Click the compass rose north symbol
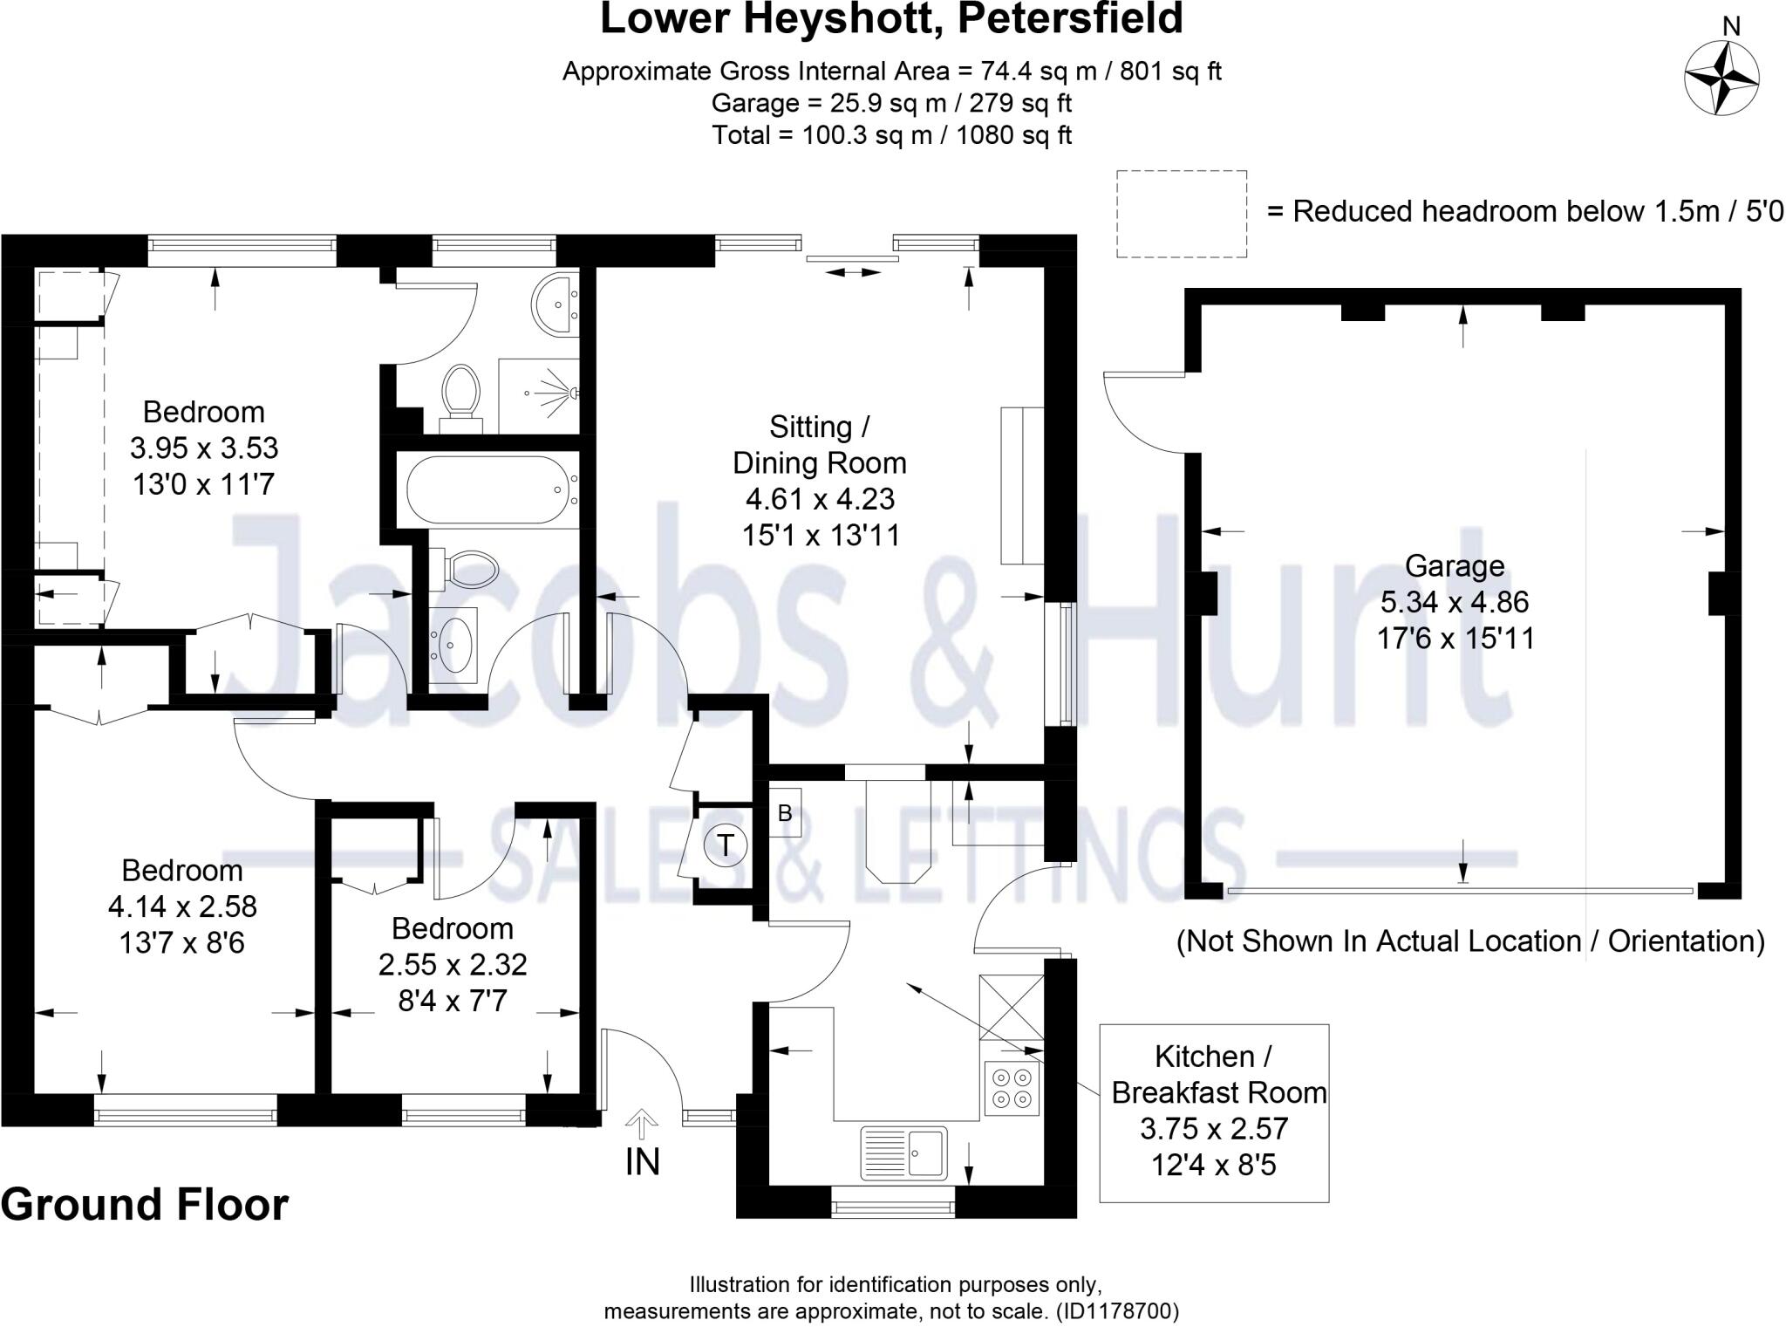pyautogui.click(x=1721, y=77)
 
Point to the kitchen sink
pyautogui.click(x=903, y=1153)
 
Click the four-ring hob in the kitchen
pyautogui.click(x=1012, y=1087)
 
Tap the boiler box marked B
pyautogui.click(x=785, y=813)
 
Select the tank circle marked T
pyautogui.click(x=726, y=845)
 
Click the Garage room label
pyautogui.click(x=1454, y=566)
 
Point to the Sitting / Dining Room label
pyautogui.click(x=819, y=445)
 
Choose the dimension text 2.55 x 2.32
pyautogui.click(x=452, y=964)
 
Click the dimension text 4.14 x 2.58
pyautogui.click(x=182, y=906)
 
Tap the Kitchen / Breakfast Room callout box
pyautogui.click(x=1214, y=1112)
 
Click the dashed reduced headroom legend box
pyautogui.click(x=1181, y=214)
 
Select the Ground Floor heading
pyautogui.click(x=144, y=1205)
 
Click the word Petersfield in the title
pyautogui.click(x=1070, y=18)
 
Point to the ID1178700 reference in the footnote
pyautogui.click(x=1117, y=1310)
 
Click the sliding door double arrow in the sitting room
pyautogui.click(x=854, y=273)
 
